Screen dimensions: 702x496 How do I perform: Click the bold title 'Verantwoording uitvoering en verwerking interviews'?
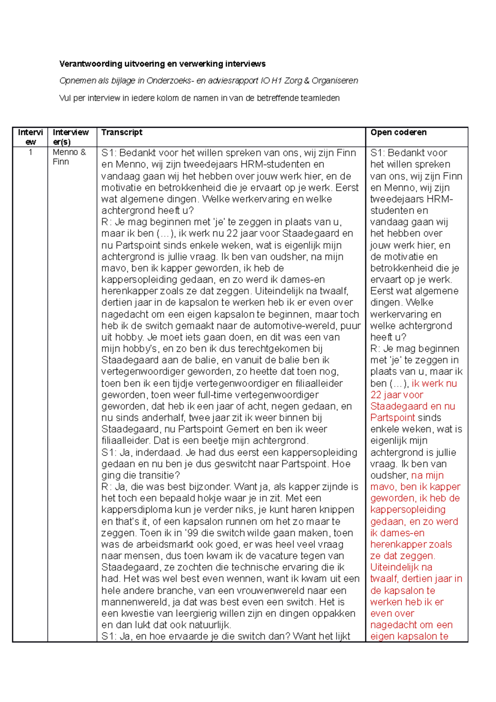(x=162, y=64)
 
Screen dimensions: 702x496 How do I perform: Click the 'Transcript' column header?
(x=122, y=132)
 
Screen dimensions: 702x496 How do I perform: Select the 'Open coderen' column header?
(x=398, y=132)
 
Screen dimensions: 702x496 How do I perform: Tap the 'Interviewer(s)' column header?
(x=71, y=137)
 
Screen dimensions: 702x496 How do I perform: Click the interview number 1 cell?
(x=30, y=152)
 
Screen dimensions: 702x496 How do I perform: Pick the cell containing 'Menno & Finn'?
(x=69, y=157)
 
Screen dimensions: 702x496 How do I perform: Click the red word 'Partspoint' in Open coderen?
(x=393, y=418)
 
